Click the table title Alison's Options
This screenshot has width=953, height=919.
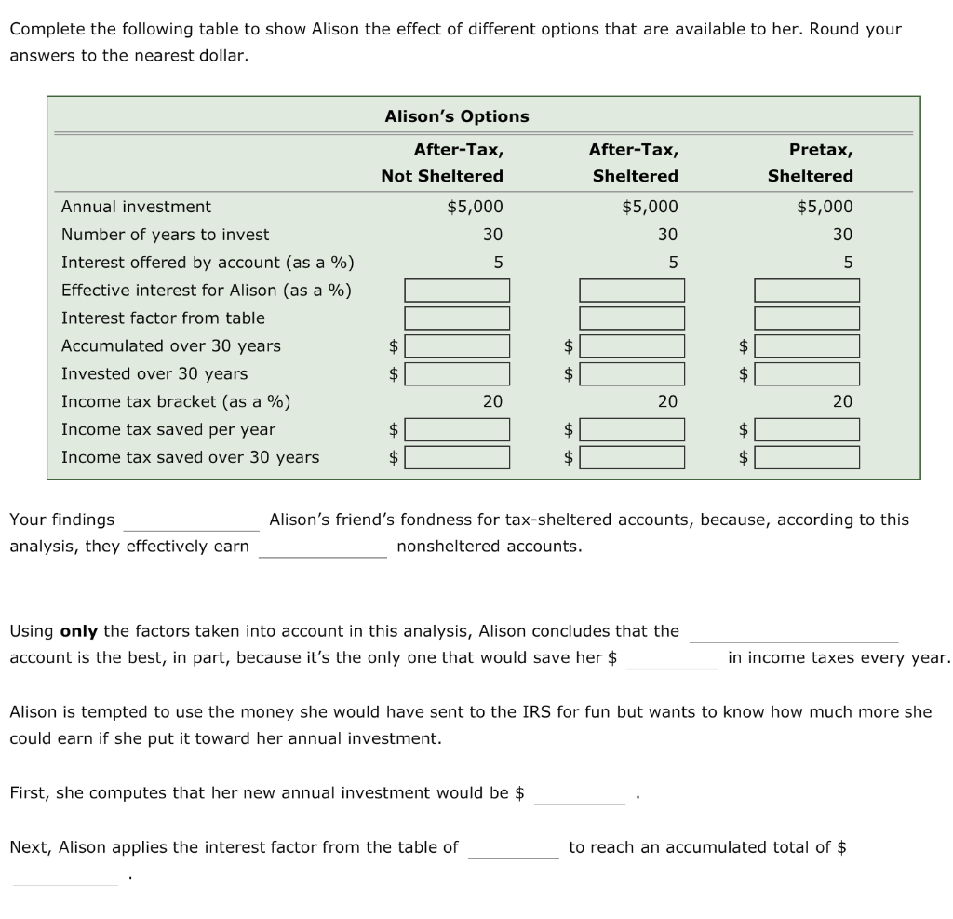point(456,116)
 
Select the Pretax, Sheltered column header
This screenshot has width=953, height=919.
point(810,162)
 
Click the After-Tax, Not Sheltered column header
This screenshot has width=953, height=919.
point(443,162)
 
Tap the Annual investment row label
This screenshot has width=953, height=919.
point(136,207)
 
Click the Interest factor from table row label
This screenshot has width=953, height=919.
point(163,318)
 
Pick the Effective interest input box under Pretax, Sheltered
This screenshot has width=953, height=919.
point(807,291)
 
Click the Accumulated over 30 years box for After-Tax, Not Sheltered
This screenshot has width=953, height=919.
point(457,346)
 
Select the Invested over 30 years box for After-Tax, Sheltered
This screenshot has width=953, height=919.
point(632,374)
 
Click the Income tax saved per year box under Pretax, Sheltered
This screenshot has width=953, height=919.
point(807,430)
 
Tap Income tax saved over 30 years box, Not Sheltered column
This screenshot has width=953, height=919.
point(457,458)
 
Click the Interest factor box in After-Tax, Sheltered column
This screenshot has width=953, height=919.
point(632,318)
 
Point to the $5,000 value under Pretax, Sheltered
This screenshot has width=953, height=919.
point(825,207)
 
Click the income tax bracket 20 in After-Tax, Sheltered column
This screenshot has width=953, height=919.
point(667,401)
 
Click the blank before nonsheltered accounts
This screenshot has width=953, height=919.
point(322,547)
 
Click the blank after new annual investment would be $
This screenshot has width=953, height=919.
point(579,794)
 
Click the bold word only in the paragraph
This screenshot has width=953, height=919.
point(79,631)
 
